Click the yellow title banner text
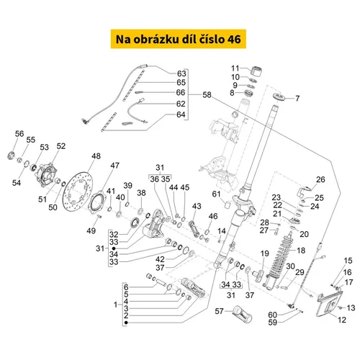(x=179, y=39)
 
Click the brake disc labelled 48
(x=77, y=192)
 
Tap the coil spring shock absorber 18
(x=279, y=259)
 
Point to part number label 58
(x=207, y=95)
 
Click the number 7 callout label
(x=297, y=99)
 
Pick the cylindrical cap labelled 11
(x=256, y=71)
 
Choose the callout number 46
(x=213, y=216)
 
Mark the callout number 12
(x=342, y=320)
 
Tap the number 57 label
(x=219, y=311)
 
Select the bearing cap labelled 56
(x=11, y=156)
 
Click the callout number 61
(x=216, y=194)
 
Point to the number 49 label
(x=91, y=231)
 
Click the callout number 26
(x=320, y=179)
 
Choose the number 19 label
(x=265, y=253)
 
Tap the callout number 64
(x=181, y=114)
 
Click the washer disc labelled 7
(x=279, y=96)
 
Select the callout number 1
(x=115, y=305)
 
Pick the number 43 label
(x=197, y=206)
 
